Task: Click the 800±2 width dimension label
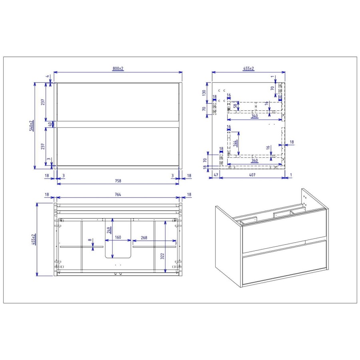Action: tap(118, 69)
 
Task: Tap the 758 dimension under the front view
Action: tap(118, 180)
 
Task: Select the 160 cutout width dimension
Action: tap(118, 237)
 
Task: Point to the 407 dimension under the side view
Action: tap(252, 175)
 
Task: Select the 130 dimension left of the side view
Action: tap(204, 93)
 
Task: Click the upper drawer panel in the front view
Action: tap(118, 101)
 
